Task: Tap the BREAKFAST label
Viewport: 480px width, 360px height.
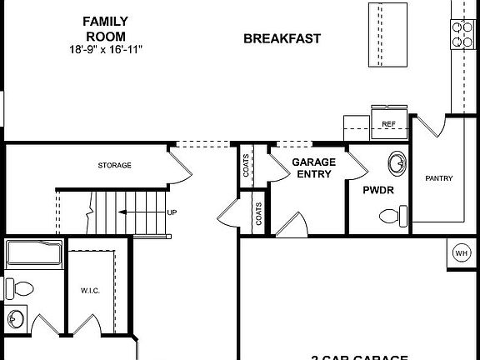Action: [282, 39]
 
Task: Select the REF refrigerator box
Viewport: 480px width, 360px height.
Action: [387, 124]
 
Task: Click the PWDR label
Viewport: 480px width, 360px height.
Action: [372, 190]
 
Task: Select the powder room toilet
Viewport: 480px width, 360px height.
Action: [392, 217]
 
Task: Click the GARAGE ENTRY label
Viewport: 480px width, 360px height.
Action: [313, 167]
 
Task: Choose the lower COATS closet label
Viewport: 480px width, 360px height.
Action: [259, 214]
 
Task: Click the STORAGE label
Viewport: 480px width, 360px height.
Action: [114, 165]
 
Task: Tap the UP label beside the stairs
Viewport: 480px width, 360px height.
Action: [172, 212]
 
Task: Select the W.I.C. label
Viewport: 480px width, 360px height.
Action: [90, 290]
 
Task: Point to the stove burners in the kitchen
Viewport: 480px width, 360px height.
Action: [462, 32]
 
